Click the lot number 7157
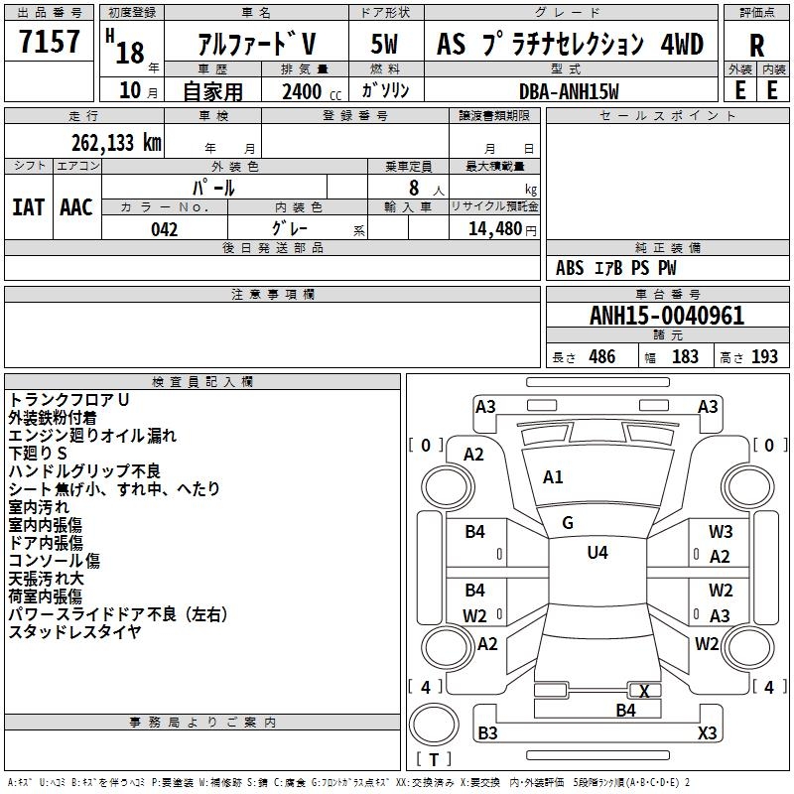[50, 43]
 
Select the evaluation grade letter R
[756, 46]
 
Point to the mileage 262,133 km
[116, 143]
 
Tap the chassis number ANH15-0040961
[667, 317]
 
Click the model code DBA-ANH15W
[569, 90]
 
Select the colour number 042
[165, 229]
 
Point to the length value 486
[600, 357]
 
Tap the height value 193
[764, 357]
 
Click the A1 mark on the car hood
[553, 477]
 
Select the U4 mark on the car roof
[596, 553]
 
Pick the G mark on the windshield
[568, 523]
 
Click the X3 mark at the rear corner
[707, 733]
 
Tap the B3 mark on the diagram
[487, 733]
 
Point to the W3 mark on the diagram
[721, 532]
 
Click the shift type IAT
[28, 206]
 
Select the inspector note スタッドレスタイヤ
[75, 632]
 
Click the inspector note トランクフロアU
[69, 399]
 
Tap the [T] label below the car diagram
[433, 760]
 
